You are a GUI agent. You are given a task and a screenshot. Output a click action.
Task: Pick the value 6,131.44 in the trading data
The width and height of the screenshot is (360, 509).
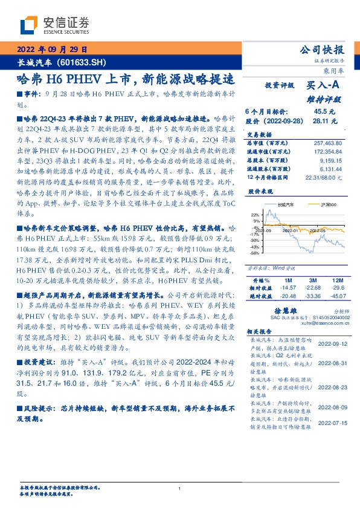click(x=331, y=170)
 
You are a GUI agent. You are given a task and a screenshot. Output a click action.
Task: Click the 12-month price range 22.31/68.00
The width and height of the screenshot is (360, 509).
click(x=326, y=177)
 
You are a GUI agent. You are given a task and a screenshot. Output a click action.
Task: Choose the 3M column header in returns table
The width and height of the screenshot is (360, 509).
click(x=312, y=281)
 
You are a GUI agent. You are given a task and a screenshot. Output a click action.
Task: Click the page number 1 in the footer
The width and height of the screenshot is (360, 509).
click(x=180, y=488)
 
